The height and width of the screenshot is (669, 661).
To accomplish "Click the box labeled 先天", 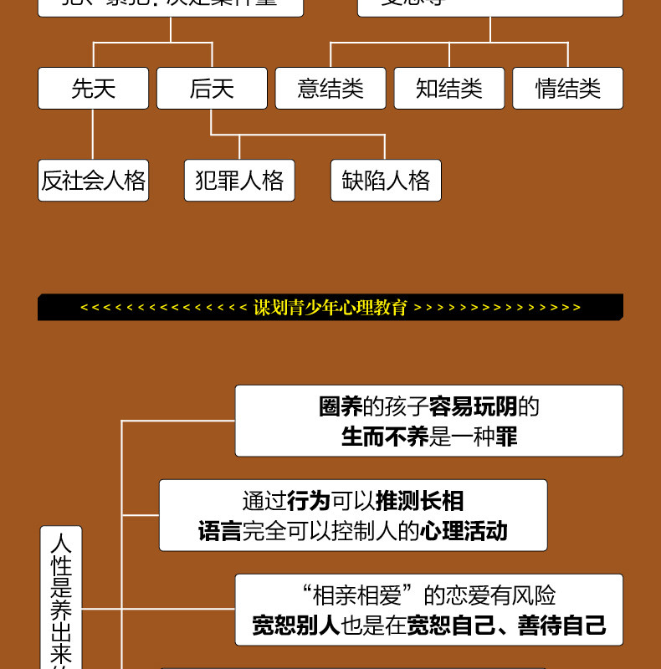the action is [93, 89].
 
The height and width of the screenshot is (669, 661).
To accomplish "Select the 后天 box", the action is [212, 89].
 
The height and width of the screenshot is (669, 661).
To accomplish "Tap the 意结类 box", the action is [330, 89].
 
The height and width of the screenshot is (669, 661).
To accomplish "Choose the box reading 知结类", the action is [449, 89].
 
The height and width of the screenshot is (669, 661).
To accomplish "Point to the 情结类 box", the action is [568, 89].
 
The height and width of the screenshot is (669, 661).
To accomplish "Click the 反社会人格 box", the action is [93, 181].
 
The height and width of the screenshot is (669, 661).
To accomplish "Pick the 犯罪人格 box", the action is [239, 181].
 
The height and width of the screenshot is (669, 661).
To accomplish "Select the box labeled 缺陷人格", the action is [386, 181].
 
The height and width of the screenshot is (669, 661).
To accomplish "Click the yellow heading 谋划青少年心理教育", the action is [330, 308].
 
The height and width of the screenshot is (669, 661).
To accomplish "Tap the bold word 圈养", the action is [340, 407].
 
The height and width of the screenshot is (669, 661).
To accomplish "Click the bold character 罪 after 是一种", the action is [506, 437].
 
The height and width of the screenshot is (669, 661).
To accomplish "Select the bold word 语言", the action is [219, 531].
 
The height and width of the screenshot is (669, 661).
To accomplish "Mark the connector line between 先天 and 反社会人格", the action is [93, 134].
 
